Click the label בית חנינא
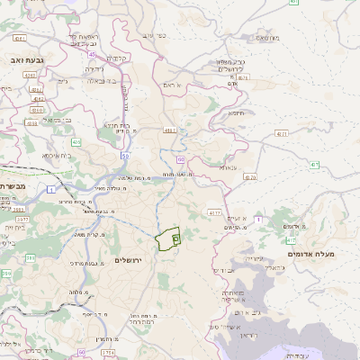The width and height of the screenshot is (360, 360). tap(118, 126)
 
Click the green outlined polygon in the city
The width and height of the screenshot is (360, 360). tap(166, 240)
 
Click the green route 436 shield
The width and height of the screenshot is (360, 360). tap(76, 141)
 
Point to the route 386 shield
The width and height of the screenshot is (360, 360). tap(29, 258)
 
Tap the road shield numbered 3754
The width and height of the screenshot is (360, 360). tap(109, 352)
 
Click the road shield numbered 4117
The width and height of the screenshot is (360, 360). tap(213, 213)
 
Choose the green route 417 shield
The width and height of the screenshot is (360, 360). tap(315, 165)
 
